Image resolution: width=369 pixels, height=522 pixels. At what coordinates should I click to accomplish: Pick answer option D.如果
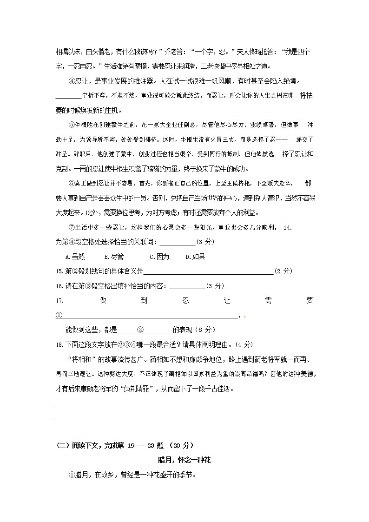(x=195, y=257)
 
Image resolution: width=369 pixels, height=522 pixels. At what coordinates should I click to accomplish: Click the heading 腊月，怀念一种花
(x=184, y=460)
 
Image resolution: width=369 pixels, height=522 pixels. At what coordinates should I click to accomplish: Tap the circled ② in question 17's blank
(x=140, y=330)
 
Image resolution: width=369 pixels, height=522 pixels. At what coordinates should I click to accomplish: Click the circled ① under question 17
(x=59, y=315)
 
